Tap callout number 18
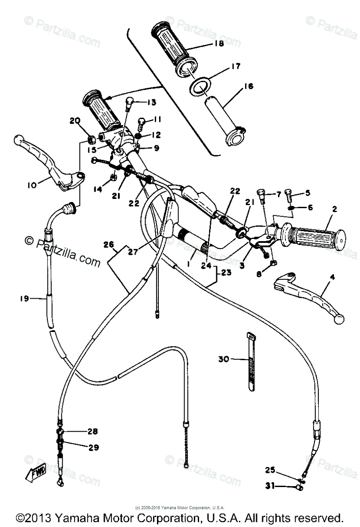(218, 43)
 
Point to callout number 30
(224, 360)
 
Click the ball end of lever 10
(18, 140)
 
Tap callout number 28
(93, 431)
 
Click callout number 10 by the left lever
(31, 186)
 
